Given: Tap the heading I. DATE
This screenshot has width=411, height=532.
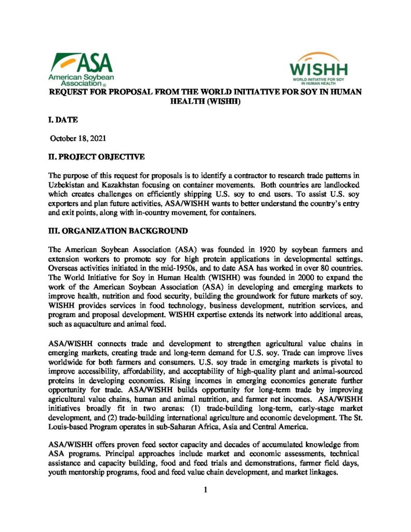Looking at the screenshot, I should (63, 120).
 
